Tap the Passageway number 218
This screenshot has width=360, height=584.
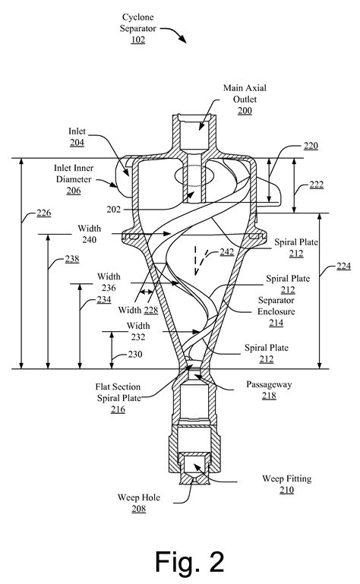[270, 395]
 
